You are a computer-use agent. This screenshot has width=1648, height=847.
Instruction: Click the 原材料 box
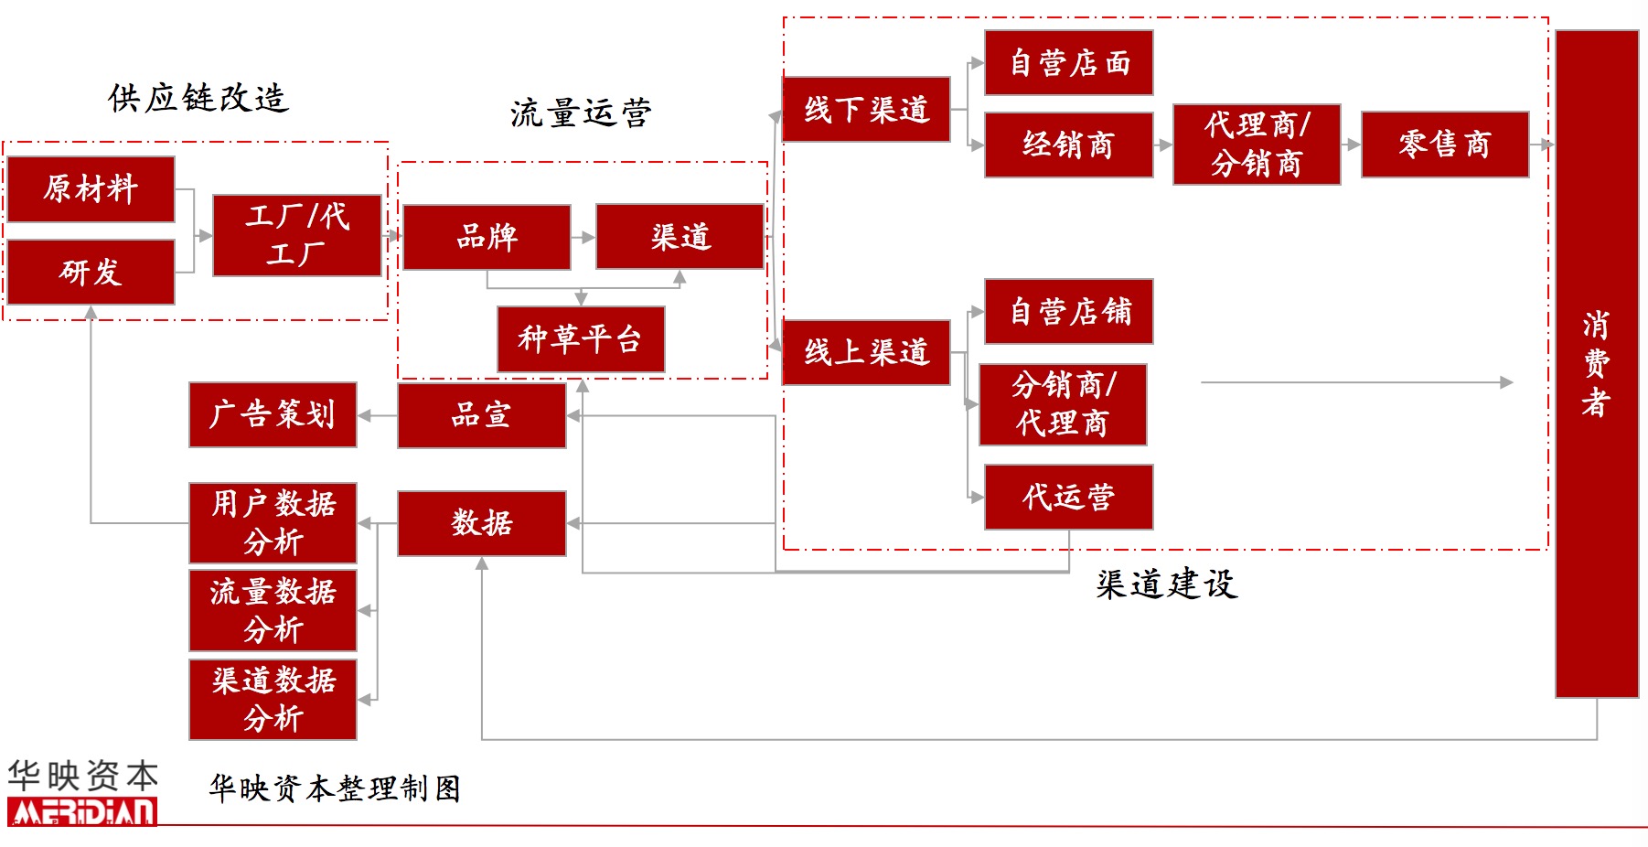click(91, 188)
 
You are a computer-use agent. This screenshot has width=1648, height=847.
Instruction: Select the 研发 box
click(91, 272)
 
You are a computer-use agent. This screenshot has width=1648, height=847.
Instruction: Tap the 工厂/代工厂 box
click(296, 235)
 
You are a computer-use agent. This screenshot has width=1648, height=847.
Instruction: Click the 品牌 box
click(487, 237)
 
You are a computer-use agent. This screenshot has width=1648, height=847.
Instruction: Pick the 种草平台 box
click(581, 338)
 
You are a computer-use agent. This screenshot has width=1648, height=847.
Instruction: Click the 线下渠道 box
click(866, 110)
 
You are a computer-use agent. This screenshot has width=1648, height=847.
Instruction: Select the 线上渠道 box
click(866, 352)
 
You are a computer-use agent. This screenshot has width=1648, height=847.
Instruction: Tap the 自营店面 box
click(1068, 62)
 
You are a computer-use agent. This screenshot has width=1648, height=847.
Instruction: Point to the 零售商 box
click(1444, 145)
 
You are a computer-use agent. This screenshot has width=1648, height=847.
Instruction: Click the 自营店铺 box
click(1068, 312)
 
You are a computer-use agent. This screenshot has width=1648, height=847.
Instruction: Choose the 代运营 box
click(1068, 497)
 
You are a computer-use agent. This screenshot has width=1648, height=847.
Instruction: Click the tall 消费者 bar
click(1596, 363)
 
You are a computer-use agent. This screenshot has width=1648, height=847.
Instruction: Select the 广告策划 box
click(273, 414)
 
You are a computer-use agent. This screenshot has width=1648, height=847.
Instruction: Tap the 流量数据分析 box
click(273, 610)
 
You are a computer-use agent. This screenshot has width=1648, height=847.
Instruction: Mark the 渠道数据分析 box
click(273, 699)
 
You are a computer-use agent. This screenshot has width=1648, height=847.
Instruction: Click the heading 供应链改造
click(198, 98)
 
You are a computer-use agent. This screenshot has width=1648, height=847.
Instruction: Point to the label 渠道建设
click(1166, 584)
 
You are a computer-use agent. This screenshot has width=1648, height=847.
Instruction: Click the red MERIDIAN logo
click(82, 811)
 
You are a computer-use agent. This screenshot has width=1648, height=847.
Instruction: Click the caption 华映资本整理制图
click(335, 788)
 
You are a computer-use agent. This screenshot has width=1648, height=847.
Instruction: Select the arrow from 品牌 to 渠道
click(583, 237)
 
